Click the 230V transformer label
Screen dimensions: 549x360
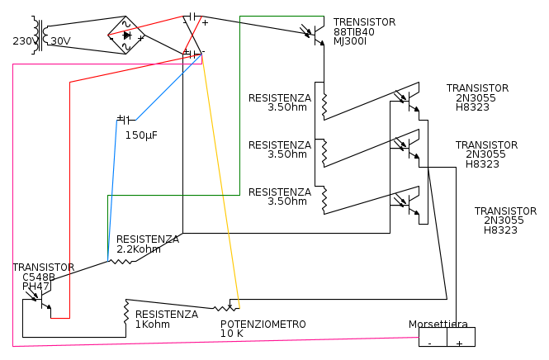tap(24, 41)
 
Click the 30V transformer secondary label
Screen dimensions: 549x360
tap(60, 41)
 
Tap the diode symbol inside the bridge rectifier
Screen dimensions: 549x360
tap(127, 35)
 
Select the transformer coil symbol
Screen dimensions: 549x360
tap(40, 35)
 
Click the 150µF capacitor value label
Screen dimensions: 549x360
tap(141, 135)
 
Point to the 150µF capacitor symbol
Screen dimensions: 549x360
tap(126, 120)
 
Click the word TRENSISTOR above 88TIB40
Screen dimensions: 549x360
tap(364, 22)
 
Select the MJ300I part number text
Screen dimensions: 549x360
tap(350, 41)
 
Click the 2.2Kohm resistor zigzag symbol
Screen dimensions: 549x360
tap(121, 261)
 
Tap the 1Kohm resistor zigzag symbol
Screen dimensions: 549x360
tap(126, 311)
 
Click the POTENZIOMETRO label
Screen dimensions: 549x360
tap(263, 324)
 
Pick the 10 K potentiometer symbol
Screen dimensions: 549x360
tap(226, 308)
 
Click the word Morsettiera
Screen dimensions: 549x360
tap(438, 324)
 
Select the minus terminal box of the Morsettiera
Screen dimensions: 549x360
tap(433, 337)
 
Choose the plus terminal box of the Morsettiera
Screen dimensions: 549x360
tap(461, 337)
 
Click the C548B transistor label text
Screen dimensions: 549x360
tap(39, 277)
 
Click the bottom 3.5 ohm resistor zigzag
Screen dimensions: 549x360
tap(324, 201)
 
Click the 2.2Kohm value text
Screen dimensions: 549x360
tap(139, 249)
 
